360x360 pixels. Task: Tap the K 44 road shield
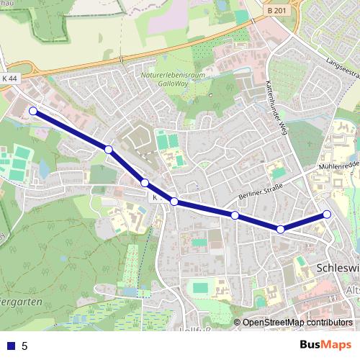click(9, 78)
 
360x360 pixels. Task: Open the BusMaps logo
click(325, 345)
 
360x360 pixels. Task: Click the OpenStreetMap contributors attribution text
click(297, 323)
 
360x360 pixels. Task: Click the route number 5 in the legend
click(25, 346)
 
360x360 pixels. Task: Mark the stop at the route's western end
click(32, 111)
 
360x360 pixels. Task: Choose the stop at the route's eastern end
click(327, 214)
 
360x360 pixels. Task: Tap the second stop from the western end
click(108, 150)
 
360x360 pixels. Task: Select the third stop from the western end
click(145, 183)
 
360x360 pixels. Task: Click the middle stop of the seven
click(174, 202)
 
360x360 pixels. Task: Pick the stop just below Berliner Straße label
click(235, 215)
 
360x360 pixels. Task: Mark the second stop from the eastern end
click(281, 230)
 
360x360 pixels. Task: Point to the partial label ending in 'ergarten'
click(22, 301)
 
